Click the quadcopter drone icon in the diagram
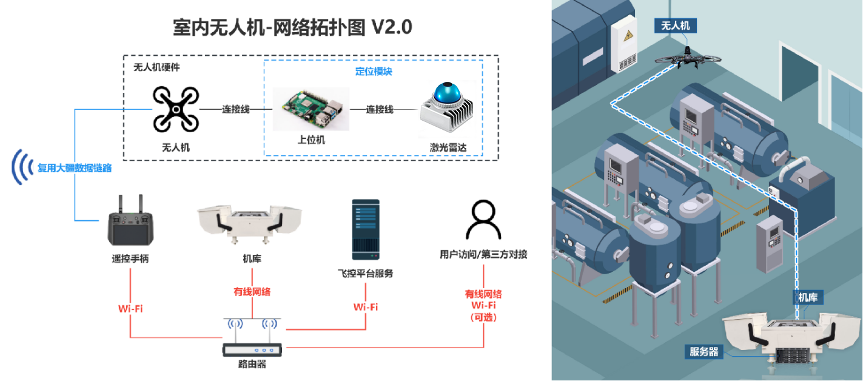coord(175,109)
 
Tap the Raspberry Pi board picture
coord(311,109)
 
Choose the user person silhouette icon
coord(483,220)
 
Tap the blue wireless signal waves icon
coord(23,167)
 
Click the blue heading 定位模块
coord(374,71)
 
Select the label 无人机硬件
coord(156,67)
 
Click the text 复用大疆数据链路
coord(75,168)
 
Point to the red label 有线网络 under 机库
coord(252,292)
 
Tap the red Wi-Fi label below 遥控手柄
coord(130,308)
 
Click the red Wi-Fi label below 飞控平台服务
coord(366,307)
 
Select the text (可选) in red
coord(483,316)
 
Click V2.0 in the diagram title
coord(391,28)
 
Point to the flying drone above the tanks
coord(688,58)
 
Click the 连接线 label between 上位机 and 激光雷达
coord(380,110)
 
